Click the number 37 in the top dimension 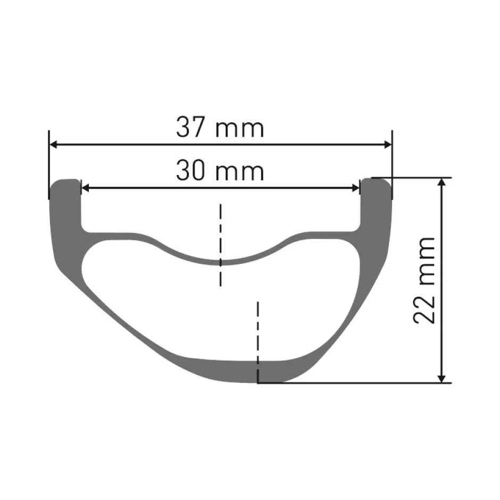pyautogui.click(x=190, y=127)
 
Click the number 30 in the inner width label pyautogui.click(x=190, y=171)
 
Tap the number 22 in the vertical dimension pyautogui.click(x=424, y=308)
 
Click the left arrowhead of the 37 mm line pyautogui.click(x=54, y=145)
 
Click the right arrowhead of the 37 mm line pyautogui.click(x=388, y=145)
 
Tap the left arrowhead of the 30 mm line pyautogui.click(x=86, y=188)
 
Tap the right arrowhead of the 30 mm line pyautogui.click(x=355, y=188)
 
